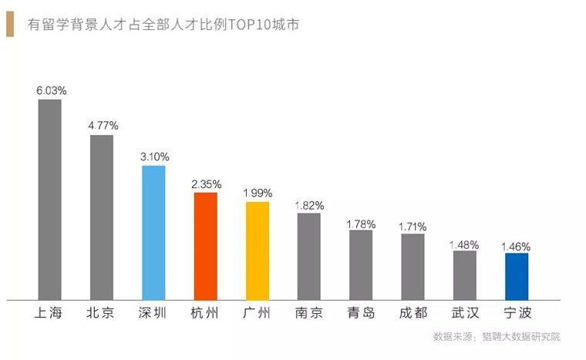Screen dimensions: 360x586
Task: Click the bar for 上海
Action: pos(49,199)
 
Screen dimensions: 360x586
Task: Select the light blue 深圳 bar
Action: pos(153,232)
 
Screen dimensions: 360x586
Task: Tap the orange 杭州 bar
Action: pos(205,246)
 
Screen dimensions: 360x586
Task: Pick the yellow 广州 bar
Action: pos(257,251)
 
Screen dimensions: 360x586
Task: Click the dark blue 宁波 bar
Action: pos(516,276)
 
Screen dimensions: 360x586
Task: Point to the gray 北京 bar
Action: pos(102,217)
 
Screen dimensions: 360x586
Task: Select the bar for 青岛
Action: pos(361,264)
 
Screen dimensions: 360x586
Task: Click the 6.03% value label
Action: pos(51,90)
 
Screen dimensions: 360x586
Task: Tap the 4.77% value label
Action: pos(103,125)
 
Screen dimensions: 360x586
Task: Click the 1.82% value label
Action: pos(309,205)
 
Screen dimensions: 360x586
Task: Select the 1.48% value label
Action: pos(464,244)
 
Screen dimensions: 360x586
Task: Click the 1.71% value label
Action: pos(413,226)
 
